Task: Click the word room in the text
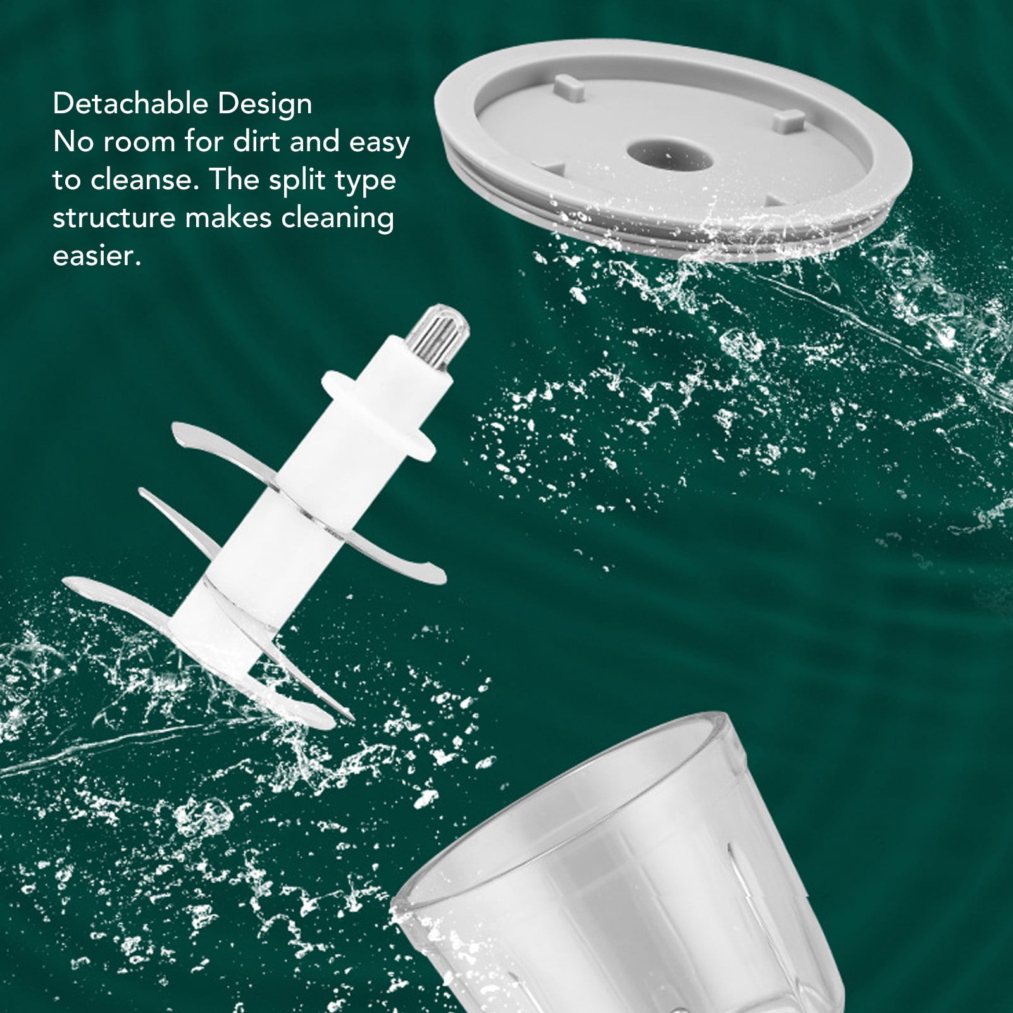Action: pos(139,142)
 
